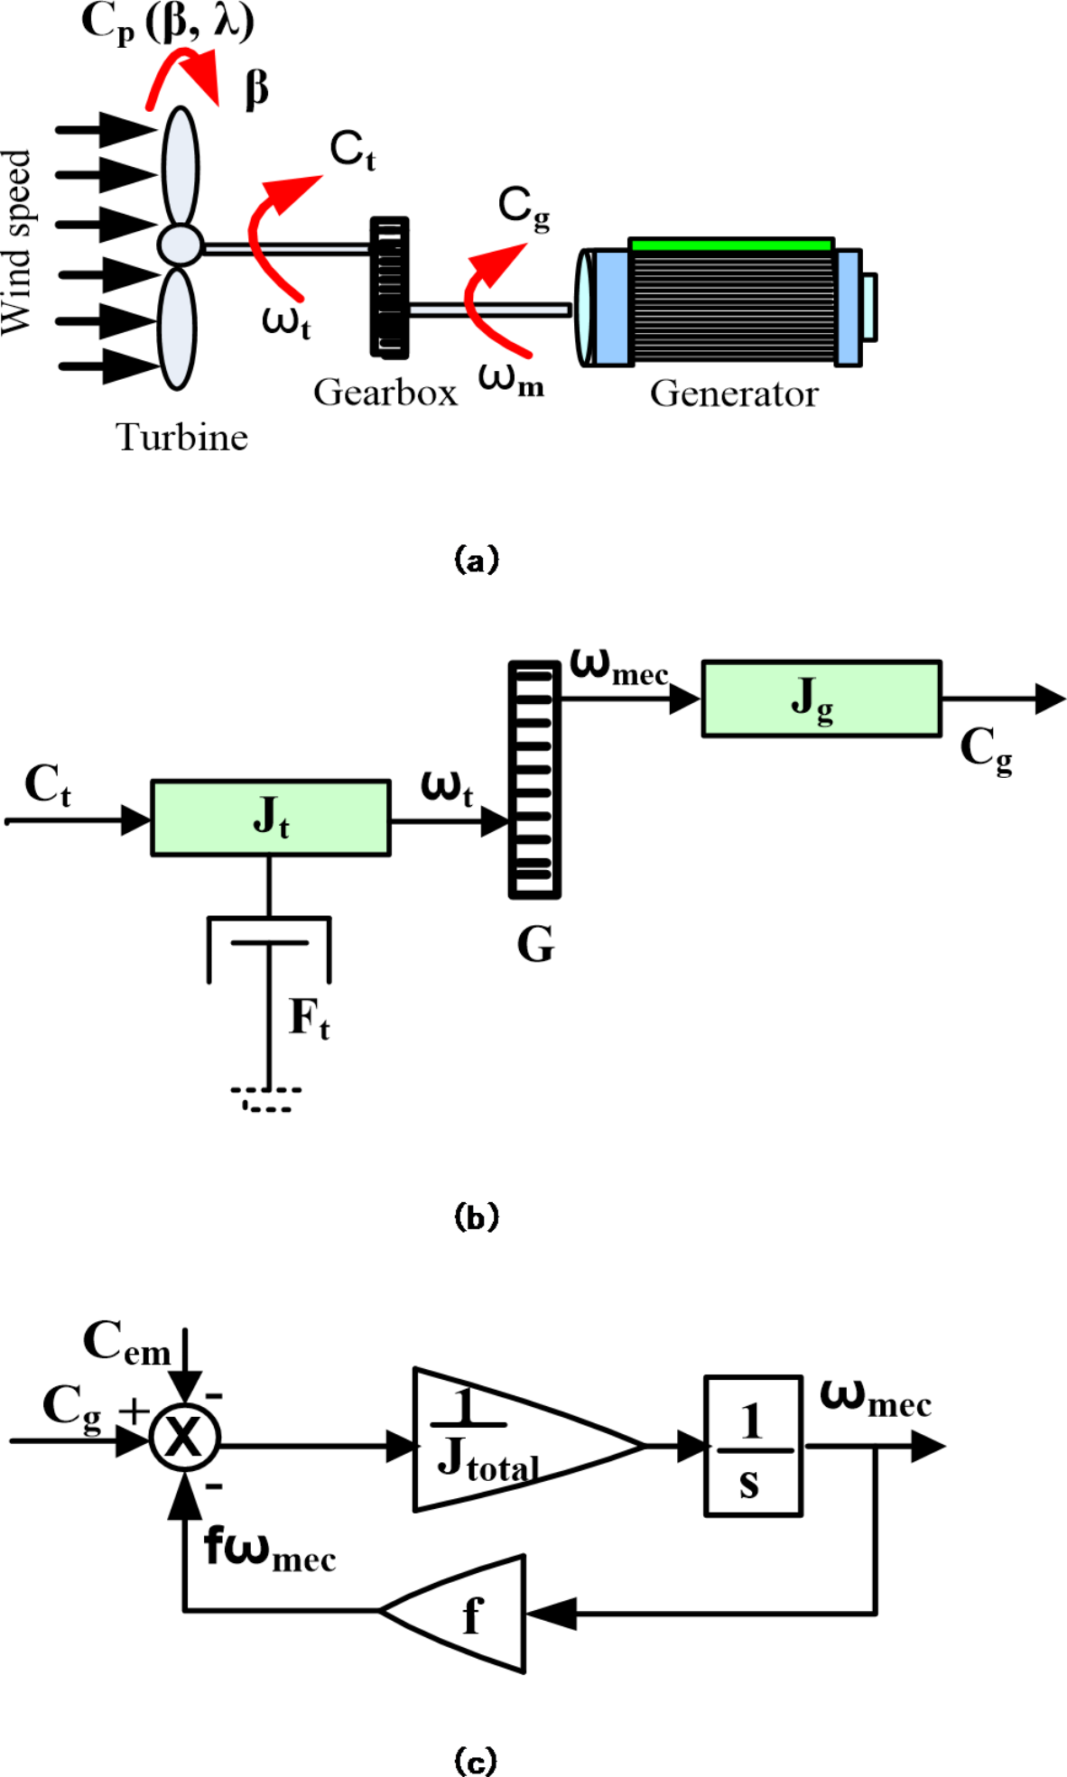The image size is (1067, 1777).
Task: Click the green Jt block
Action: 270,818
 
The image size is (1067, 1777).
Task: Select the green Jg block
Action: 821,699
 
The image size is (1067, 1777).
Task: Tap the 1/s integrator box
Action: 752,1445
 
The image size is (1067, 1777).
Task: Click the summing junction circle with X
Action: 185,1437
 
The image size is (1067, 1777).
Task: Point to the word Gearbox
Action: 385,393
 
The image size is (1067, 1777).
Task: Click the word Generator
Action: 733,393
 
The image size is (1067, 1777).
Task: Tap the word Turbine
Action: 181,438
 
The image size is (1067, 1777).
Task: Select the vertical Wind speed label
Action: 16,242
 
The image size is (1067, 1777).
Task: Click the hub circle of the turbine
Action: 181,244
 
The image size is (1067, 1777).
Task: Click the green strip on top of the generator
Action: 730,245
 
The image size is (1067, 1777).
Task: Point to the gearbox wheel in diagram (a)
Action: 389,287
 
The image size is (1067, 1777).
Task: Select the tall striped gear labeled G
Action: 534,780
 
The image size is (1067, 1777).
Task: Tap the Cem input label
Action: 126,1342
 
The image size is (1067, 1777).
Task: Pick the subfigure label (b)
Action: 476,1217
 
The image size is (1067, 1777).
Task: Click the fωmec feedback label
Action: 269,1549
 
